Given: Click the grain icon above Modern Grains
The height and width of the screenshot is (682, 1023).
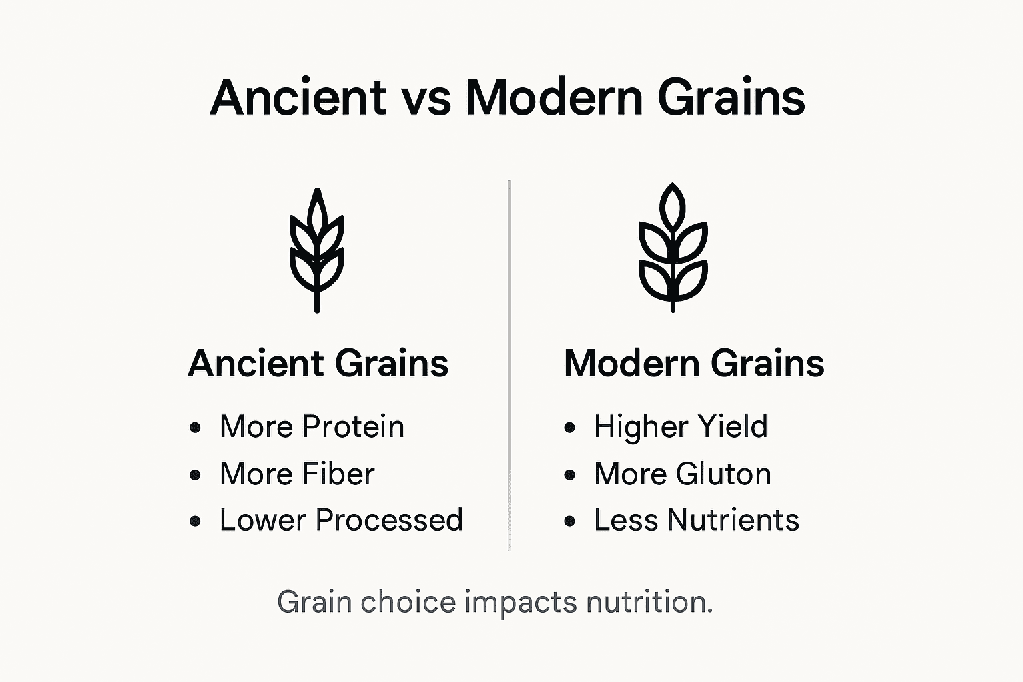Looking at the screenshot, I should point(673,248).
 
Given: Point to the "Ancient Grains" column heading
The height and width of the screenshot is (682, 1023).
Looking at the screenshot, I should point(318,364).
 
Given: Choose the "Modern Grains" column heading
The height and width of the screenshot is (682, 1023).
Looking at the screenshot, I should point(694,364).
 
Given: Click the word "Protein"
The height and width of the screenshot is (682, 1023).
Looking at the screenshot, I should point(353,427).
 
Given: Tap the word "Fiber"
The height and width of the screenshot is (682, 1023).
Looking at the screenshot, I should point(338,474).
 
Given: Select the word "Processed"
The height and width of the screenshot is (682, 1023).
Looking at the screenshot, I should point(389,521).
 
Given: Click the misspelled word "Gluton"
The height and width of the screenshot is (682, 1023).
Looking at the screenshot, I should point(723,474).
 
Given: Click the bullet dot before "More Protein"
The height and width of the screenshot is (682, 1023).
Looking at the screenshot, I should point(195,428).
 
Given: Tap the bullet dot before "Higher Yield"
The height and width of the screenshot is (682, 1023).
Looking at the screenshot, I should point(569,428).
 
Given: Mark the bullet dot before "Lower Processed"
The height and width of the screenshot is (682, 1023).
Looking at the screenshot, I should point(195,521).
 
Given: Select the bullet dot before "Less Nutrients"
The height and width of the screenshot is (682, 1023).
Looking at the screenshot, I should point(569,521).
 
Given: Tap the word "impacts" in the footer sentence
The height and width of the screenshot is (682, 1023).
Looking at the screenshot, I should point(521,603).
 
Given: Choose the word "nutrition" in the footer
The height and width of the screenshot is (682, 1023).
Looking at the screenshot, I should point(649,602).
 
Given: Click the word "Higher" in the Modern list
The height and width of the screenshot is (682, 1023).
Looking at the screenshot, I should point(634,427).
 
